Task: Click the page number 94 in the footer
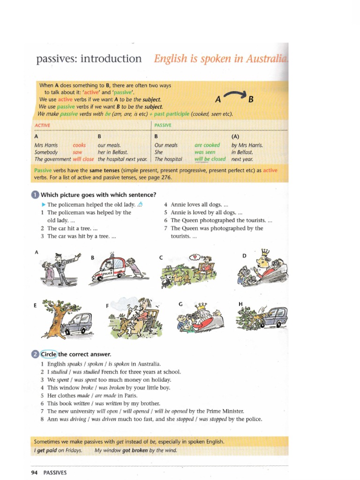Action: (34, 472)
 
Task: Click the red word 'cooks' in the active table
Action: (79, 145)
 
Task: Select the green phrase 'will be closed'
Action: (210, 159)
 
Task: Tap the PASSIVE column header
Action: (163, 126)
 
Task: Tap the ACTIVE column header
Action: (43, 126)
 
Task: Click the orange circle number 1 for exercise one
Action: (36, 195)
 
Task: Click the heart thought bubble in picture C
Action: (194, 257)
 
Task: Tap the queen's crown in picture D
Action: (265, 253)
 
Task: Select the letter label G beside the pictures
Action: (180, 304)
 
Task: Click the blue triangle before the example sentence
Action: (43, 205)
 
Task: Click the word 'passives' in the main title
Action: (56, 59)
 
